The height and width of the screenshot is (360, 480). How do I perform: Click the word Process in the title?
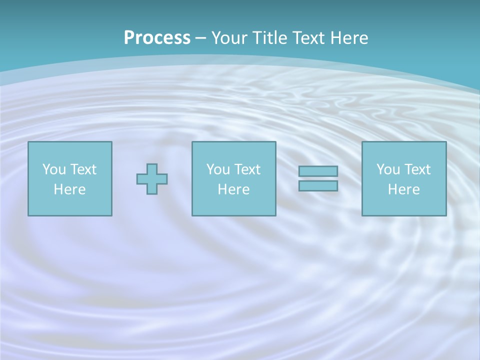[157, 38]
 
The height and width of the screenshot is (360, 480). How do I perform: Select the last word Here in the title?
[349, 38]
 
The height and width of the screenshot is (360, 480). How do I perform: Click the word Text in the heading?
[309, 38]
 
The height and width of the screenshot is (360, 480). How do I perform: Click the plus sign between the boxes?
[152, 179]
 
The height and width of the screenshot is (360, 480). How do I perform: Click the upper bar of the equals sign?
[318, 171]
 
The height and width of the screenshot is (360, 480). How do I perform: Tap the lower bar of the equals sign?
[318, 185]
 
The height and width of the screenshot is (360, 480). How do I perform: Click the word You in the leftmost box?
[54, 169]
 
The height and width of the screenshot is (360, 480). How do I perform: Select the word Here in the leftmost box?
[69, 189]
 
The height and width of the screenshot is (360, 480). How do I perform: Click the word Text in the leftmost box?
[83, 169]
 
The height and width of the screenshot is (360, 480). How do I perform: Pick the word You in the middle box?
[218, 169]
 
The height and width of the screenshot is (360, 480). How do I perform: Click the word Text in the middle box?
[247, 169]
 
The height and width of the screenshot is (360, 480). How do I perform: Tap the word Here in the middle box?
[233, 189]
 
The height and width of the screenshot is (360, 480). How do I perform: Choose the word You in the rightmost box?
[388, 169]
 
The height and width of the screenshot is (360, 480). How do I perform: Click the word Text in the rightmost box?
[417, 169]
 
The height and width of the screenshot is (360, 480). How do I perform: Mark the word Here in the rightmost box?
[403, 189]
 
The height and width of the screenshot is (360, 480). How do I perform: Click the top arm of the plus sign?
[152, 169]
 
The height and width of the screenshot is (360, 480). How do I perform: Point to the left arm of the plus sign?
[142, 179]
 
